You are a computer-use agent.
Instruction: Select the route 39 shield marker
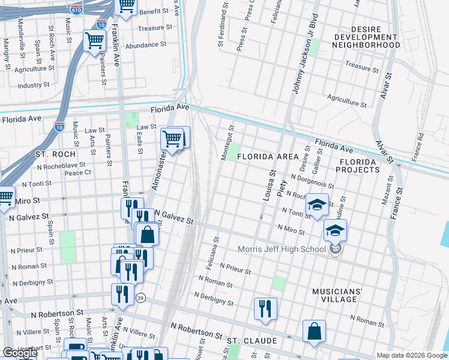pos(140,298)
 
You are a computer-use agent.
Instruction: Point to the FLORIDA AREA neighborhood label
pos(267,157)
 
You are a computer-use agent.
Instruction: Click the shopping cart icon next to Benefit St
pos(126,6)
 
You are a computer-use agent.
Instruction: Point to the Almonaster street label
pos(158,171)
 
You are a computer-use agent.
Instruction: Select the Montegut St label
pos(226,143)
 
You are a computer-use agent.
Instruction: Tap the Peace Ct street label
pos(77,173)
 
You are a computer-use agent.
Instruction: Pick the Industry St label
pos(34,85)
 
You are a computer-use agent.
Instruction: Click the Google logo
pos(20,353)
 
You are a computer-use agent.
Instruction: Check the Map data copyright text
pos(411,355)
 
